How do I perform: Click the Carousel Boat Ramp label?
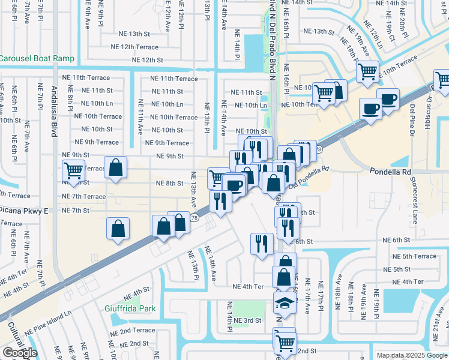(37, 59)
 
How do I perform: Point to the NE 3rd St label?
(248, 320)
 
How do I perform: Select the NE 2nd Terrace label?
(132, 331)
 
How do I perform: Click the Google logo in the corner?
(20, 353)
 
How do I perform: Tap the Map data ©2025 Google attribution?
(411, 355)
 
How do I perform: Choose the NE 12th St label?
(143, 60)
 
